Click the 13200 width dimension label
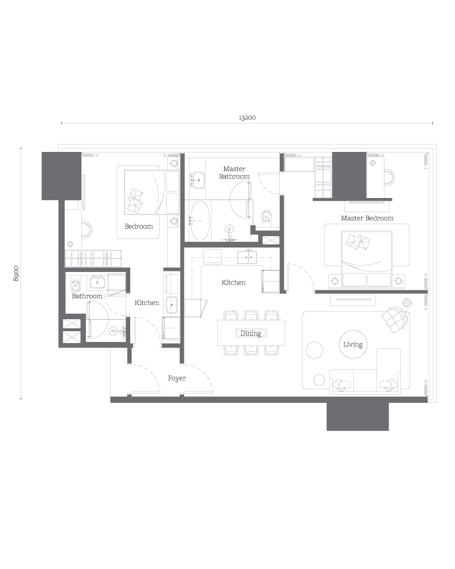(x=247, y=118)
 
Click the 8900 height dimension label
(x=16, y=273)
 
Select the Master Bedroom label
(x=367, y=218)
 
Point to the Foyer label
(x=177, y=378)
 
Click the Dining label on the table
(x=250, y=333)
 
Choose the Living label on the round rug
(x=353, y=344)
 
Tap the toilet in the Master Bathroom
(x=267, y=217)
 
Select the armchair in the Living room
(x=395, y=319)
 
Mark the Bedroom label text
(x=139, y=226)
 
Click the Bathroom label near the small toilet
(x=87, y=296)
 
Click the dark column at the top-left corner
(x=61, y=175)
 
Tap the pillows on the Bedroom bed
(x=136, y=199)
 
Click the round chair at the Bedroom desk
(x=86, y=230)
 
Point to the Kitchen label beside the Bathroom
(x=147, y=303)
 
